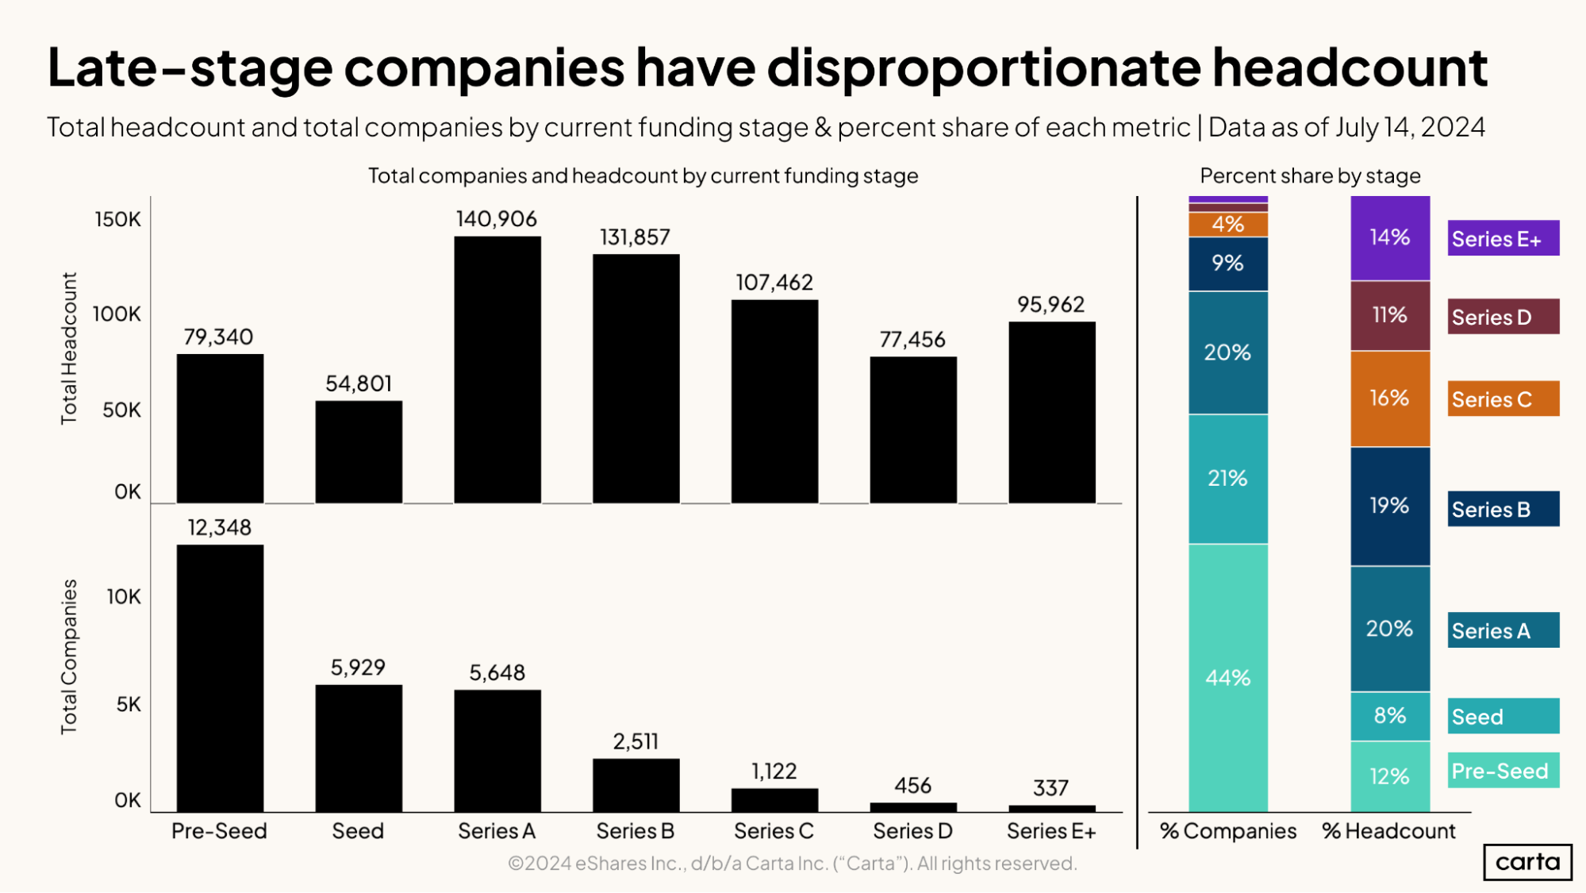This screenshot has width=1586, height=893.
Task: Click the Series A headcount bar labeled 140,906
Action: pyautogui.click(x=497, y=370)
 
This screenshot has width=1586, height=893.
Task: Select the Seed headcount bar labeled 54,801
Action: pyautogui.click(x=359, y=452)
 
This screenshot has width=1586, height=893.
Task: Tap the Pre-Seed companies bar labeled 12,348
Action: pyautogui.click(x=220, y=678)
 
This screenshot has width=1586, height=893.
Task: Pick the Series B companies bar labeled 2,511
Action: pyautogui.click(x=636, y=785)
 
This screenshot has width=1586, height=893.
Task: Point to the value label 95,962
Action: pyautogui.click(x=1050, y=305)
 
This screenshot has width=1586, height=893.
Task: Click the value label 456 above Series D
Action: pyautogui.click(x=912, y=786)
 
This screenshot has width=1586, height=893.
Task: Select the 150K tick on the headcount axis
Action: pyautogui.click(x=117, y=220)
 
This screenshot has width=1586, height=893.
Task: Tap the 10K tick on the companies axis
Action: pyautogui.click(x=124, y=597)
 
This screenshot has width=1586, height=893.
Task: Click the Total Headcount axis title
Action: pyautogui.click(x=69, y=348)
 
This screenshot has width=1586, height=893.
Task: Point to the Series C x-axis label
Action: pyautogui.click(x=774, y=831)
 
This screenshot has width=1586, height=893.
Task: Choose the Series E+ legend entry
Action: pyautogui.click(x=1503, y=238)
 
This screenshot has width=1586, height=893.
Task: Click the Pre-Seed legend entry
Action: pyautogui.click(x=1503, y=771)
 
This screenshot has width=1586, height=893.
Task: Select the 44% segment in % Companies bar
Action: pyautogui.click(x=1227, y=677)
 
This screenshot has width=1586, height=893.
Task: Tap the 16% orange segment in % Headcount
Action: pyautogui.click(x=1389, y=398)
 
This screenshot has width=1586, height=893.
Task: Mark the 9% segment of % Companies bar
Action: pyautogui.click(x=1227, y=264)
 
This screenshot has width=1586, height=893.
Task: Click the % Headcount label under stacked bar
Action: pyautogui.click(x=1388, y=831)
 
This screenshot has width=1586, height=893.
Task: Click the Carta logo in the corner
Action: pyautogui.click(x=1526, y=862)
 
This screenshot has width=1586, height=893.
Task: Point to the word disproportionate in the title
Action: pyautogui.click(x=984, y=67)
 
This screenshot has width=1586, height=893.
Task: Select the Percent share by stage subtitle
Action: pyautogui.click(x=1310, y=176)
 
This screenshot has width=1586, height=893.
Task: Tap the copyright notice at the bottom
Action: pyautogui.click(x=792, y=864)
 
